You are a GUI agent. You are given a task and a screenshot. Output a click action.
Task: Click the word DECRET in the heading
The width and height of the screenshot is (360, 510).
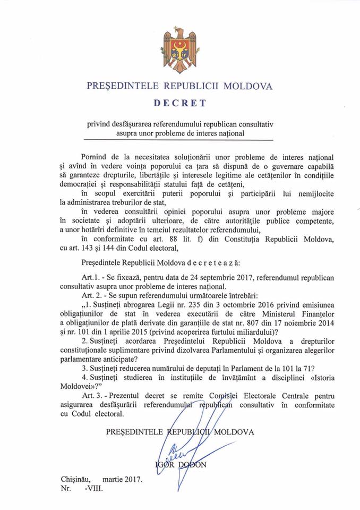[179, 102]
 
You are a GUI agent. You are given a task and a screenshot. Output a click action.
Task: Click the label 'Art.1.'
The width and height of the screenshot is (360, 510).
[92, 277]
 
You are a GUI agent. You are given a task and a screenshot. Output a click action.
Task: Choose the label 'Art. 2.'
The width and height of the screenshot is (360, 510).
[93, 296]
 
